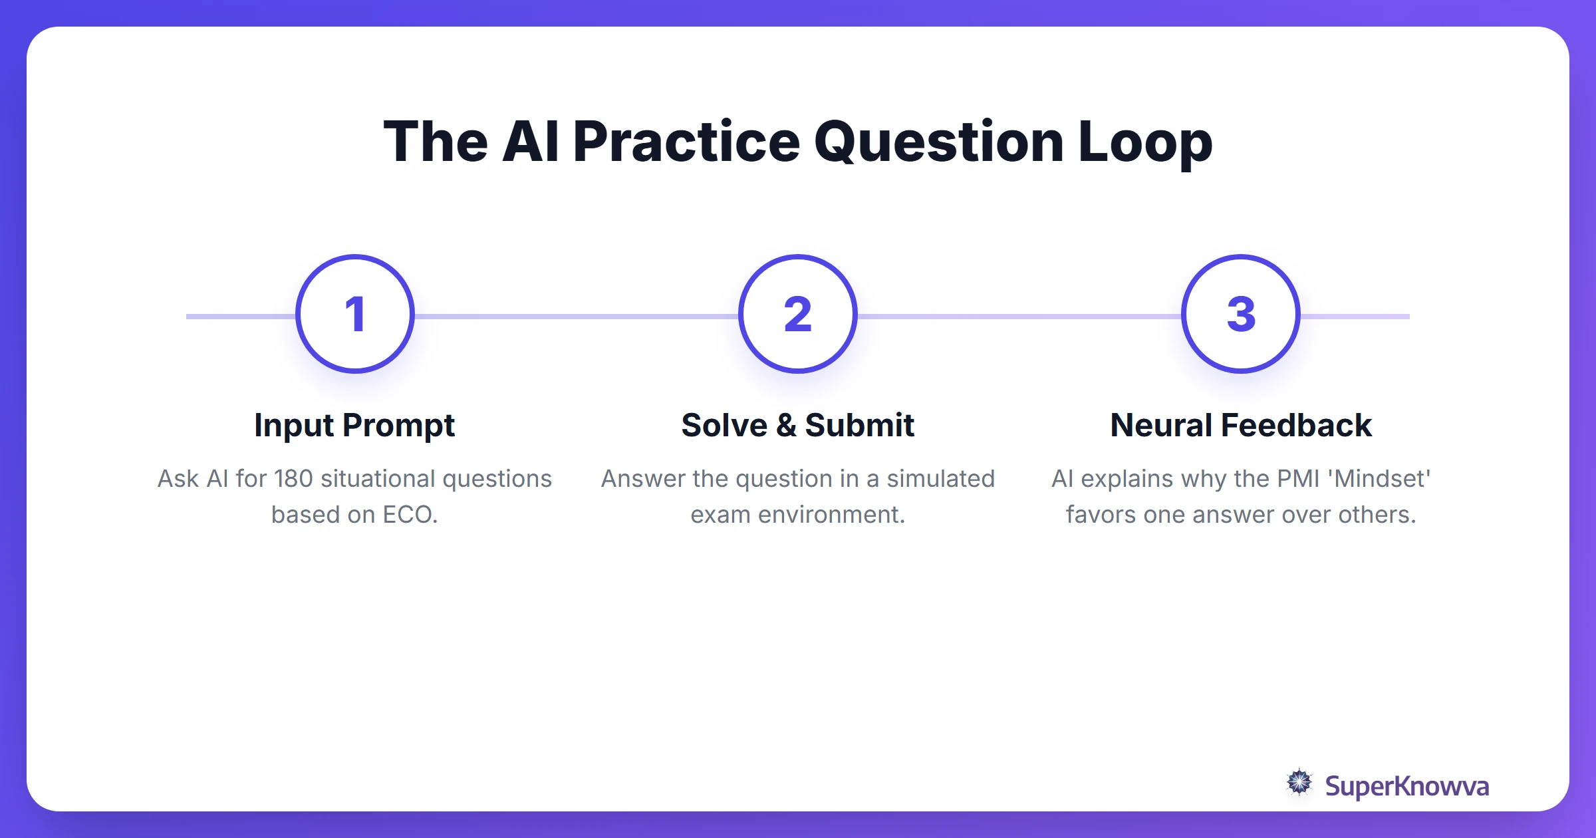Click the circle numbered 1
pos(355,314)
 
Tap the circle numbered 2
pos(797,314)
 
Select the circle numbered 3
pos(1241,314)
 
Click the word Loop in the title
pos(1145,142)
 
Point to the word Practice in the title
pos(686,142)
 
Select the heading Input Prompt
pos(354,426)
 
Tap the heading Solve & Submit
pos(797,426)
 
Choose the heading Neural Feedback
pos(1241,426)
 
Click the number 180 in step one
pos(293,479)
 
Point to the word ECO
pos(410,515)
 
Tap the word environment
pos(831,515)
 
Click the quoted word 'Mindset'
pos(1383,479)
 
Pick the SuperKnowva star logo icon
pos(1299,783)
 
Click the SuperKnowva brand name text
pos(1406,786)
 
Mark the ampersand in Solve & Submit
pos(786,426)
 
